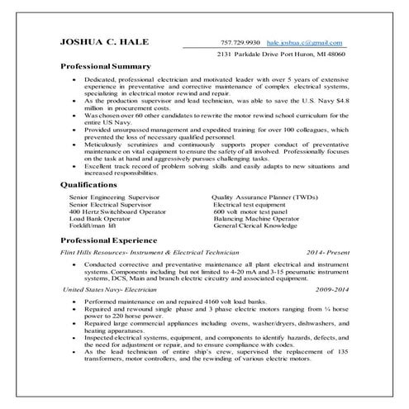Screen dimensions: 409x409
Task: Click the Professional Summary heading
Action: pos(106,65)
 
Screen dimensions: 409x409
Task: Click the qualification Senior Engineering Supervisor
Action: pos(109,198)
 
